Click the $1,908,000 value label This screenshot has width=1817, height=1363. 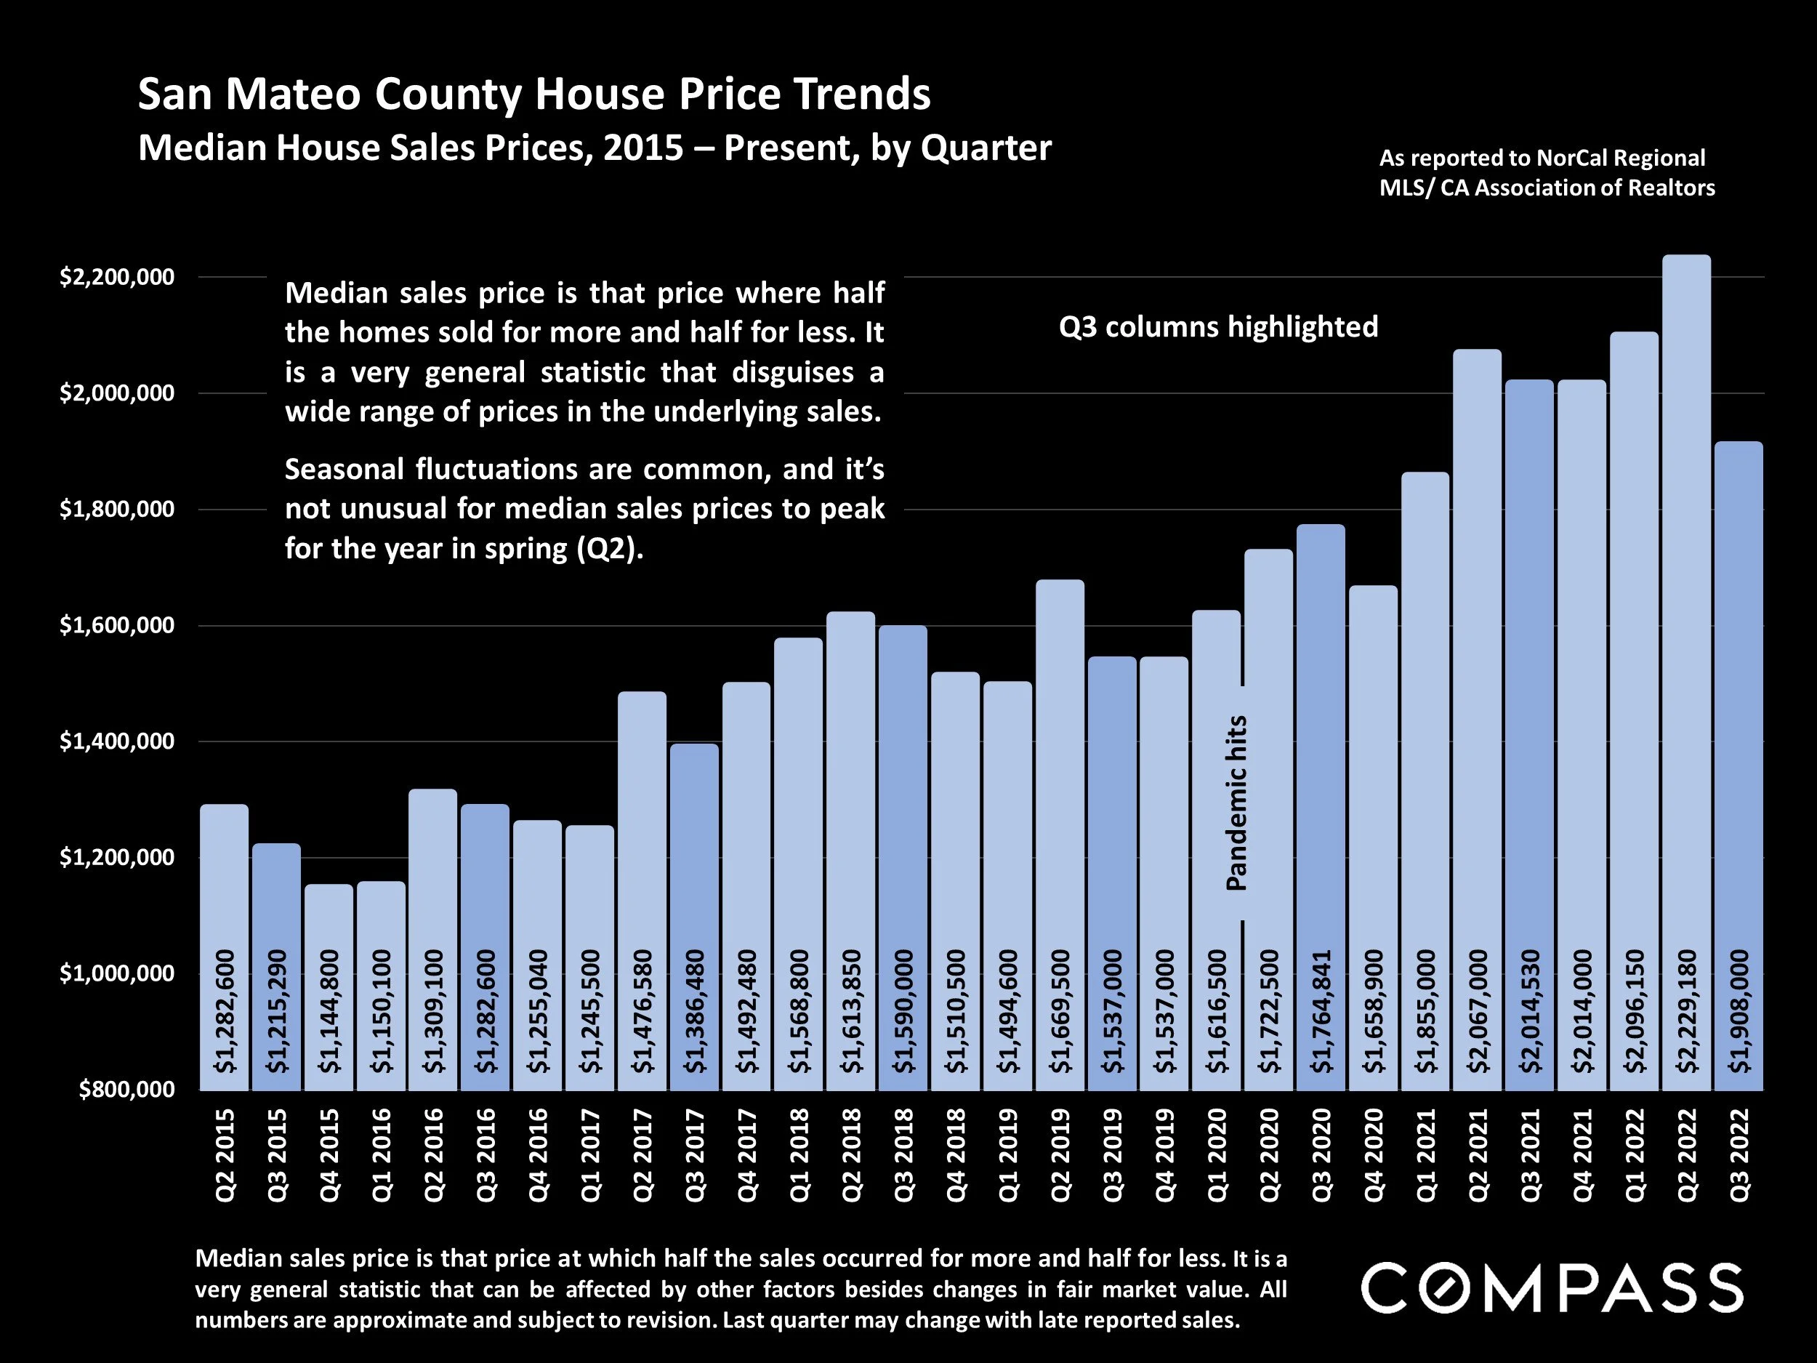[x=1739, y=1011]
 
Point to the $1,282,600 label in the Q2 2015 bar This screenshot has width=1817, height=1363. [x=225, y=1011]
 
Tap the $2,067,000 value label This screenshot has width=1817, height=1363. [x=1478, y=1011]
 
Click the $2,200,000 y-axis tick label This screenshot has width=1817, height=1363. [x=118, y=277]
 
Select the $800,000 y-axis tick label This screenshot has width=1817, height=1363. [x=127, y=1090]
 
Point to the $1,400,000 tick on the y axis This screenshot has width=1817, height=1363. [x=118, y=741]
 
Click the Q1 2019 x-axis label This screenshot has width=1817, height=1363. [x=1008, y=1154]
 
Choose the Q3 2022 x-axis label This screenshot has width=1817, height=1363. [x=1739, y=1154]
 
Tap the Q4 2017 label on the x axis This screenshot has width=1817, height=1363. [x=746, y=1154]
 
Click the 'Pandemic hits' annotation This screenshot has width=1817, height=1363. [x=1236, y=803]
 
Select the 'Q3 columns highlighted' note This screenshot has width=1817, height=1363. [x=1218, y=327]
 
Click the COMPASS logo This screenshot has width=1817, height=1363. [x=1552, y=1287]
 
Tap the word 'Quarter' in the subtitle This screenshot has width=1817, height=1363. [x=986, y=148]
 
